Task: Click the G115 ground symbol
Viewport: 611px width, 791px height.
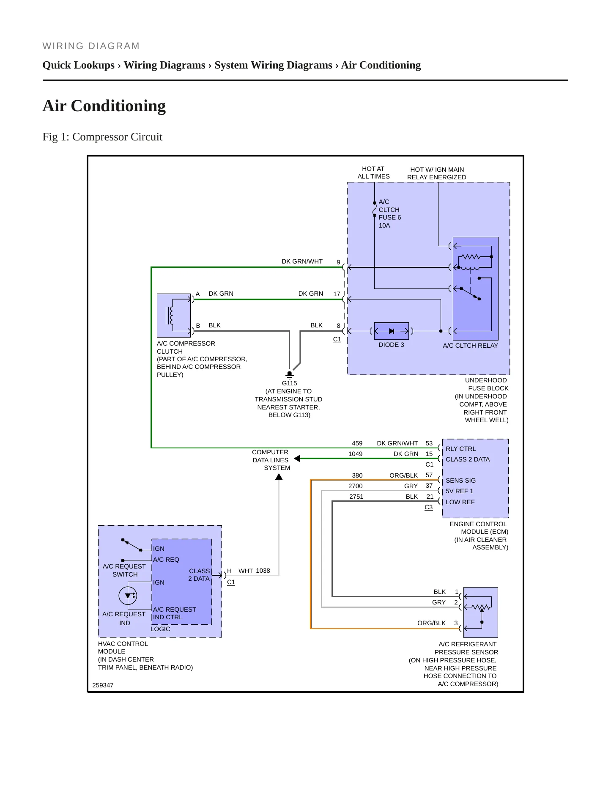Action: [x=290, y=374]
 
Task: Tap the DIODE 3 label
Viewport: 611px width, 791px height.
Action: [x=391, y=345]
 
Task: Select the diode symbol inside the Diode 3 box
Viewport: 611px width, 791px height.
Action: [x=392, y=331]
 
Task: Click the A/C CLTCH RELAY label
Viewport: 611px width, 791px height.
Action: [x=470, y=346]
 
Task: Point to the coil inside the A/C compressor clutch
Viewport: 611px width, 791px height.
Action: [x=171, y=315]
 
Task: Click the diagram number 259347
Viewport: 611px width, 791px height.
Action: [x=103, y=685]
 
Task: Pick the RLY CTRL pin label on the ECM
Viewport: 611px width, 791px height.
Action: [x=460, y=449]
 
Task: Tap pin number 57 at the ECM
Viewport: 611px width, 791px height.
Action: [x=429, y=475]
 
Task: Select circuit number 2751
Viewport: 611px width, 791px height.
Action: [x=356, y=497]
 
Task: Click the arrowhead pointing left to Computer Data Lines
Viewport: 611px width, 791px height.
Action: [x=297, y=459]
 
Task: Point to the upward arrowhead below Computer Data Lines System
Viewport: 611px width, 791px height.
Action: [x=279, y=477]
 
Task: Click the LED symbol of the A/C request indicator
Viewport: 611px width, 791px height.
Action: [x=128, y=596]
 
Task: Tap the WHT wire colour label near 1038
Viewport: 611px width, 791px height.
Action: [x=246, y=571]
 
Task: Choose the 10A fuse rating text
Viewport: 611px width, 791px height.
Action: [x=384, y=225]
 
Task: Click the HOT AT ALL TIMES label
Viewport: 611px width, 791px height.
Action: [x=373, y=173]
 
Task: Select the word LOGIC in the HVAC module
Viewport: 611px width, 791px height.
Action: [x=160, y=629]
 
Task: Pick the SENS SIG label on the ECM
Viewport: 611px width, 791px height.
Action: [x=460, y=481]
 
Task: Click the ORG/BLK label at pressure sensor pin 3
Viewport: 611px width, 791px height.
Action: [x=431, y=623]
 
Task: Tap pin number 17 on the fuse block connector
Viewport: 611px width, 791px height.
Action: [x=337, y=294]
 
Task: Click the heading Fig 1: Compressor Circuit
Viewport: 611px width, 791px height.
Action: [x=102, y=137]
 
